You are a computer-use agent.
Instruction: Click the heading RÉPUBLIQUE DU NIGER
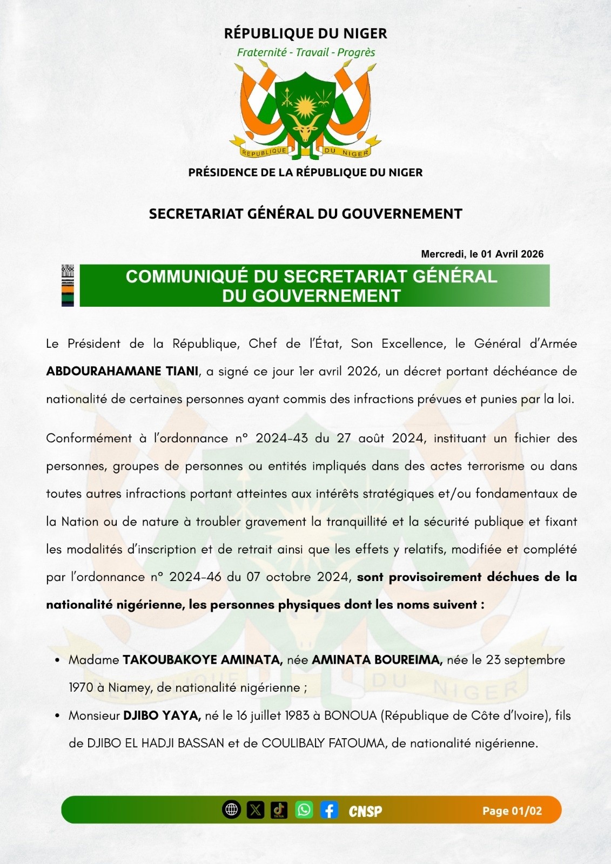tap(305, 33)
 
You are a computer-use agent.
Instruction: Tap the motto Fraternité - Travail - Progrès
tap(306, 52)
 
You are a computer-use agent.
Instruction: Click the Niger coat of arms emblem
tap(305, 111)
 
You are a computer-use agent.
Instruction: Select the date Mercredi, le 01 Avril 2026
tap(482, 254)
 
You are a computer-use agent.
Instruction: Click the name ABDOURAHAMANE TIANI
tap(122, 372)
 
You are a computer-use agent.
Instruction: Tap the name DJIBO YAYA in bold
tap(162, 715)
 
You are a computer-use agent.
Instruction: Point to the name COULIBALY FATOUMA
tap(323, 743)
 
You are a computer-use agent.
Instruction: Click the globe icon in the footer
tap(232, 809)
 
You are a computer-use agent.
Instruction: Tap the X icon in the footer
tap(256, 809)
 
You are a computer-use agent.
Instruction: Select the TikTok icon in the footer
tap(279, 809)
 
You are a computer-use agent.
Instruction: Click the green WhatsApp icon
tap(304, 809)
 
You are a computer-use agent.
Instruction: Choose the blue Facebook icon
tap(329, 809)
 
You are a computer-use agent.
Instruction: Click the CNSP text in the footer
tap(365, 811)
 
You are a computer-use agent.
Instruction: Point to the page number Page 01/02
tap(512, 811)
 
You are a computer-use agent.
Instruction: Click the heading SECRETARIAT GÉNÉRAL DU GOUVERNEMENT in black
tap(305, 214)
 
